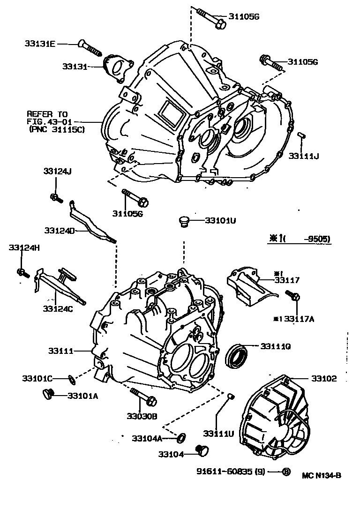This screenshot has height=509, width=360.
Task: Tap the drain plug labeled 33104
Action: coord(203,450)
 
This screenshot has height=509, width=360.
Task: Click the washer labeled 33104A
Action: coord(180,438)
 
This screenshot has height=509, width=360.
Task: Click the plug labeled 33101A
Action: coord(48,395)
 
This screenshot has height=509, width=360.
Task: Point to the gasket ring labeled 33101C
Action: coord(70,378)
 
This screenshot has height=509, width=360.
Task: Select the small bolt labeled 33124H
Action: coord(22,272)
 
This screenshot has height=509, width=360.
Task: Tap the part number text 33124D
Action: coord(59,231)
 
